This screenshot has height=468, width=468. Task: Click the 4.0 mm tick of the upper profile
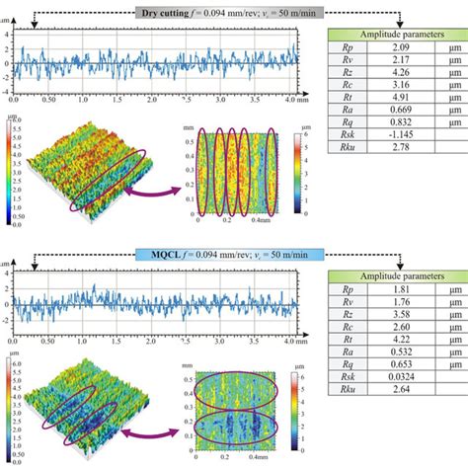(285, 101)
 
